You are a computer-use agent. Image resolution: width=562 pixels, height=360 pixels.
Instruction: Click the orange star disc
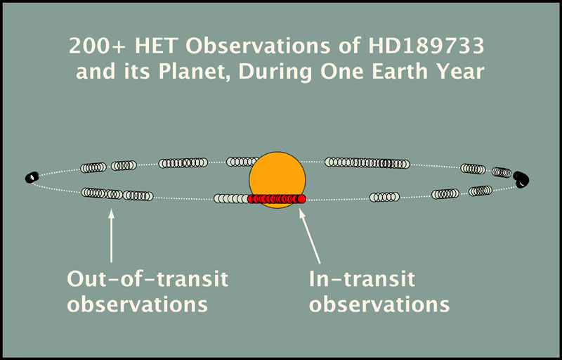(277, 179)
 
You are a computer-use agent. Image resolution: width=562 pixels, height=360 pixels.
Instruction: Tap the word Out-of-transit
(148, 279)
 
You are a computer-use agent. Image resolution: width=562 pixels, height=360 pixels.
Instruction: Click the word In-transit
(362, 279)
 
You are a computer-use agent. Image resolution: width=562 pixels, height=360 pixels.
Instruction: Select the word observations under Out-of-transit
(137, 304)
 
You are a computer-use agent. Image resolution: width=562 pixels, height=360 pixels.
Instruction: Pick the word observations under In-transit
(379, 304)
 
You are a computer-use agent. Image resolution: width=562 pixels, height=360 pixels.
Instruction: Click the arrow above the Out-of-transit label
(111, 236)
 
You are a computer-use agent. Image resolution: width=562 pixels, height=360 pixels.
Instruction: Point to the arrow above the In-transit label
(310, 236)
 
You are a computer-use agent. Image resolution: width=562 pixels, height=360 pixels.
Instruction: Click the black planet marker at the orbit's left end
(32, 177)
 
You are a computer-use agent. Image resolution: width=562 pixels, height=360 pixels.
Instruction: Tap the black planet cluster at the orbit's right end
(521, 179)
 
